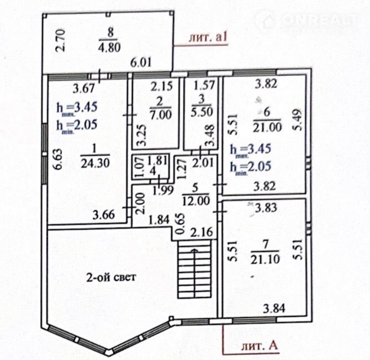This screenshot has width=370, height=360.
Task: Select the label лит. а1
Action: click(208, 38)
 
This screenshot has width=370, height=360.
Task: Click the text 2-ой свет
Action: click(111, 277)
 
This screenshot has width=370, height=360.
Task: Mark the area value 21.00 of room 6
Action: click(267, 127)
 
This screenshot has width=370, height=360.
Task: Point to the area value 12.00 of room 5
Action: click(193, 201)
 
